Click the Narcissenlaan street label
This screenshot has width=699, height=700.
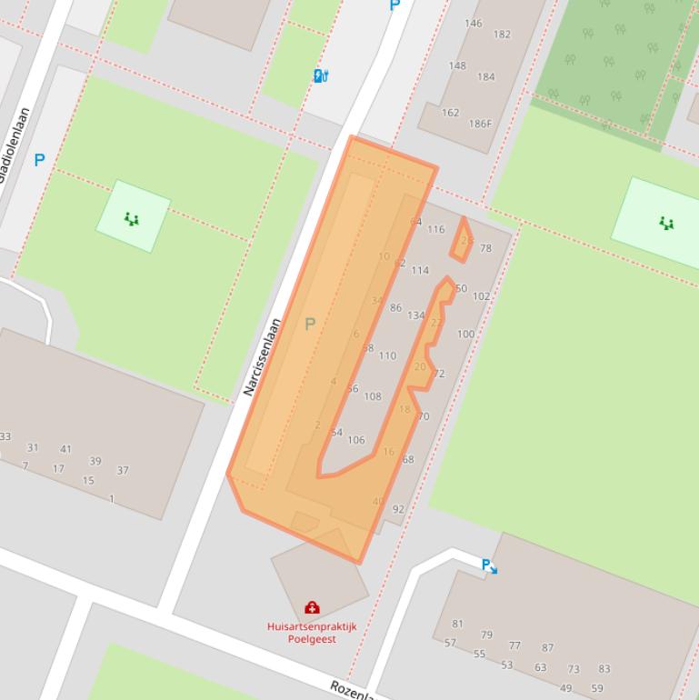(263, 357)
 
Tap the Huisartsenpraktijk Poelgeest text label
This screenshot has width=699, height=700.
(312, 633)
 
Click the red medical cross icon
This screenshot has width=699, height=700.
(312, 607)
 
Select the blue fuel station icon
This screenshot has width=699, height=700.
(320, 75)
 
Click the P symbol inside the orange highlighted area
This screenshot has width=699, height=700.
(310, 324)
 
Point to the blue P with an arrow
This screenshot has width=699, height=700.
(489, 566)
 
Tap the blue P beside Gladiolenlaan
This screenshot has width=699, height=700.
(39, 161)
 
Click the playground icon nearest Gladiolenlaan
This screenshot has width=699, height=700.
(132, 218)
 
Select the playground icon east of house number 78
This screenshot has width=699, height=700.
(666, 223)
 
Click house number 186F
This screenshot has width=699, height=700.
(480, 124)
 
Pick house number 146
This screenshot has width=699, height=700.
(474, 24)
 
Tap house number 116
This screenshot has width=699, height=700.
(436, 229)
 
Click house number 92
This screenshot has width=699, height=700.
(398, 510)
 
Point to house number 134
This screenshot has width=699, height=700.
(416, 315)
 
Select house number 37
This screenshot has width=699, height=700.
(123, 471)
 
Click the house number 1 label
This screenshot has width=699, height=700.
(112, 499)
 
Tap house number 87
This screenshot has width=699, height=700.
(547, 648)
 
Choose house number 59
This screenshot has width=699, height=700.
(597, 688)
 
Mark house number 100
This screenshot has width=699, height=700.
(465, 335)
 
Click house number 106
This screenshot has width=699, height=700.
(356, 440)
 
